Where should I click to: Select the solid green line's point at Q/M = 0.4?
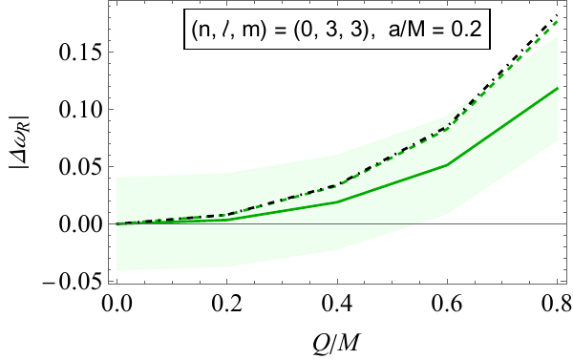point(336,202)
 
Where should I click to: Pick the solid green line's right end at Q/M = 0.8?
point(557,88)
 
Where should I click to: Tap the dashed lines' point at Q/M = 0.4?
point(336,184)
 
